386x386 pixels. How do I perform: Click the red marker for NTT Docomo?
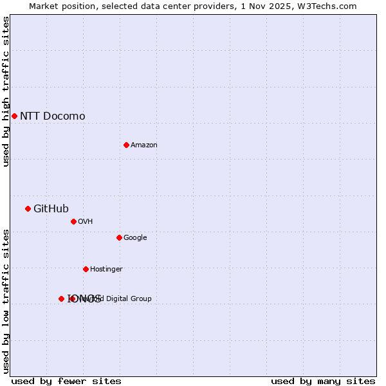point(14,116)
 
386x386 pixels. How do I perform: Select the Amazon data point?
point(126,145)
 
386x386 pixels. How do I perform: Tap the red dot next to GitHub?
point(28,208)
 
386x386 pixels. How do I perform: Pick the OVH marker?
point(73,221)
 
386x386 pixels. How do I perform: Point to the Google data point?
point(119,237)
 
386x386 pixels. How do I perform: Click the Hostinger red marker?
point(86,269)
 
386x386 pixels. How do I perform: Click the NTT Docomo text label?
point(52,116)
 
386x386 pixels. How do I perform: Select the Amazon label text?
point(144,145)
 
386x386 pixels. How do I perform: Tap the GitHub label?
point(51,208)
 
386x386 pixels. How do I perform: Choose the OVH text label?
point(86,222)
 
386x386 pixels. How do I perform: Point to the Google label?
point(135,238)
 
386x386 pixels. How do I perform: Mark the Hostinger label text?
point(106,270)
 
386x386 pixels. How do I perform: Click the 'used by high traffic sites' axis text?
point(6,91)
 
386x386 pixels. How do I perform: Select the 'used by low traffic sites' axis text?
point(6,301)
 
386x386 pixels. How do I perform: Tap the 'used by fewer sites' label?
point(66,381)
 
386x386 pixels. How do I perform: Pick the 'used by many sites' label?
point(323,381)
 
